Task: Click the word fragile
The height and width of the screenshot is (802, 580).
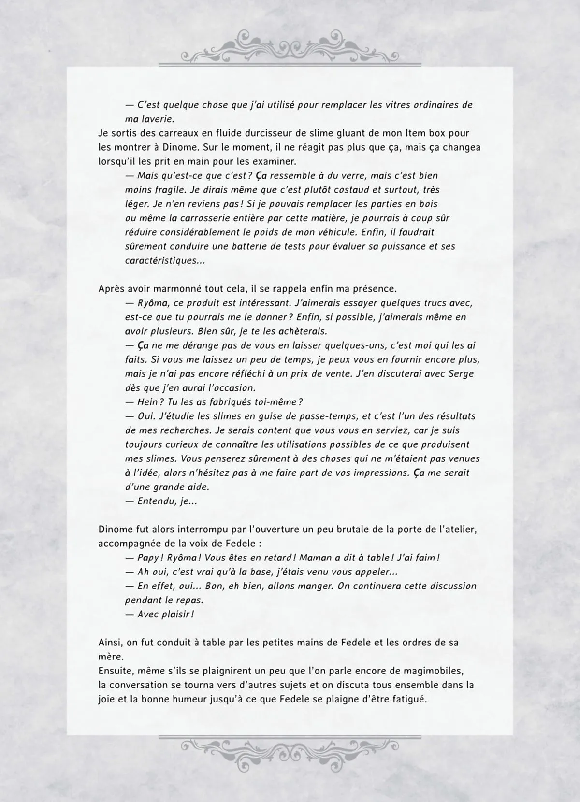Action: [167, 190]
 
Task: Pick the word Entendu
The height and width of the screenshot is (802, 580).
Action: [155, 501]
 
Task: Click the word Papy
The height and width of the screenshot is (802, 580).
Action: [148, 558]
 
